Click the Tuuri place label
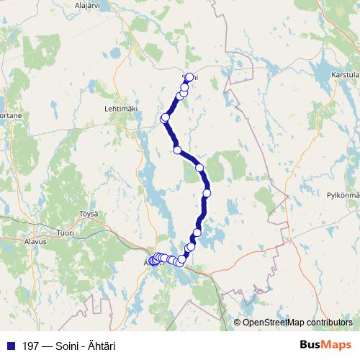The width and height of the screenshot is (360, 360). pyautogui.click(x=66, y=233)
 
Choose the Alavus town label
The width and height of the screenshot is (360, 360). pyautogui.click(x=35, y=242)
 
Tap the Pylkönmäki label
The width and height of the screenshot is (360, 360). pyautogui.click(x=343, y=195)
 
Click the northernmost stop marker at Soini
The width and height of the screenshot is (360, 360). pyautogui.click(x=189, y=77)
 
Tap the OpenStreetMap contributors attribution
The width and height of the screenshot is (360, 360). pyautogui.click(x=297, y=322)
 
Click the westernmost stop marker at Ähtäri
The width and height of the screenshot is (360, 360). pyautogui.click(x=152, y=261)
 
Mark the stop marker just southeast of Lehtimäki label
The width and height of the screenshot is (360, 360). pyautogui.click(x=166, y=117)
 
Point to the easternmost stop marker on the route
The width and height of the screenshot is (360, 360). pyautogui.click(x=207, y=193)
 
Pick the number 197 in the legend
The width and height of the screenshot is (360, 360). pyautogui.click(x=30, y=346)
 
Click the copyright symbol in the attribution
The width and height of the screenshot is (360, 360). pyautogui.click(x=237, y=322)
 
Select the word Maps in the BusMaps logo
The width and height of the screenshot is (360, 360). pyautogui.click(x=336, y=345)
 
